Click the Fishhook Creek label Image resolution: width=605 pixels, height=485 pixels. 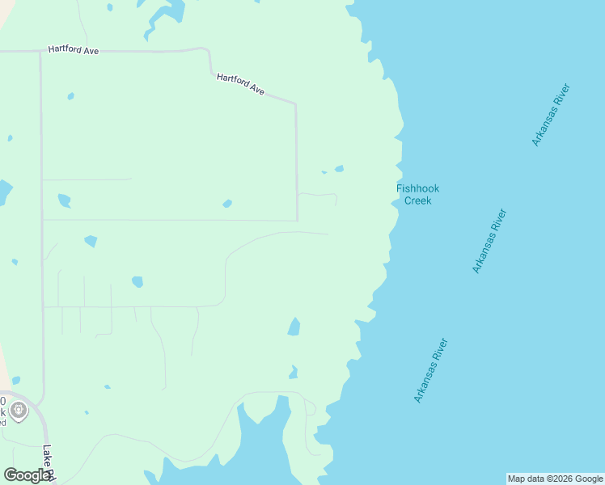coord(417,194)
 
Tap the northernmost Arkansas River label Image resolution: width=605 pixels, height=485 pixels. coord(552,114)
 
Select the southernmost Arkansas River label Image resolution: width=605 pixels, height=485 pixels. coord(430,370)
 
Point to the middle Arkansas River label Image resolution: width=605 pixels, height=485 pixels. coord(489,241)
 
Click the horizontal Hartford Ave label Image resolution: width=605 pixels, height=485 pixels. coord(73,50)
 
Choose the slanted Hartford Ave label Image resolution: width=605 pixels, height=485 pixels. coord(241,84)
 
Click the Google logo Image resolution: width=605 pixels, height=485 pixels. coord(27,475)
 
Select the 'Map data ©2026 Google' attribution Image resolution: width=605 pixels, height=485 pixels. coord(555,479)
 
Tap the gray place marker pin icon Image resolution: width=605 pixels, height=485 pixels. coord(19,411)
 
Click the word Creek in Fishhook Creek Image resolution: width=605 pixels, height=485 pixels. coord(417,200)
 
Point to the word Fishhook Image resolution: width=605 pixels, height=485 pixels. coord(417,188)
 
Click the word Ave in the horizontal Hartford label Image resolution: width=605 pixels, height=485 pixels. coord(91,51)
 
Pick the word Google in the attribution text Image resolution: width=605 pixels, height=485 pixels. coord(589,479)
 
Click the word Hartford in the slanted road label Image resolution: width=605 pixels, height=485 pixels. coord(232,80)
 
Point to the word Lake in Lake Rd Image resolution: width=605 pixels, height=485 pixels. coord(46,455)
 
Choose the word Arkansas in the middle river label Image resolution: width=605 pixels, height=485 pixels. coord(484,251)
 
